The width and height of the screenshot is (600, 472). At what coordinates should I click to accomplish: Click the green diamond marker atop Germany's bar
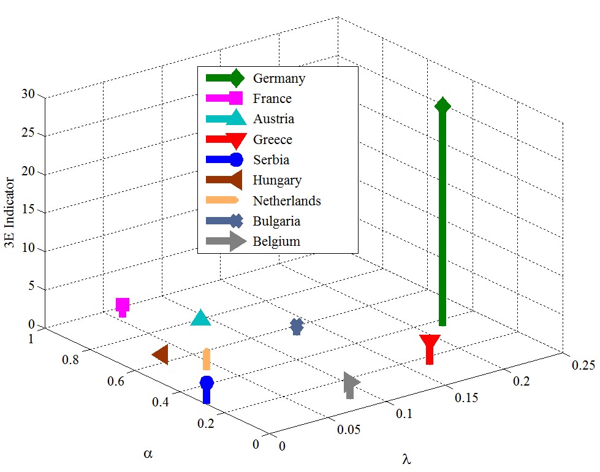click(x=442, y=105)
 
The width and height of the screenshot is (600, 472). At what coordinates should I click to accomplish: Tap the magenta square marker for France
click(x=123, y=305)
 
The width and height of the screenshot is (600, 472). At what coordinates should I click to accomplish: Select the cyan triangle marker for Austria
click(x=201, y=318)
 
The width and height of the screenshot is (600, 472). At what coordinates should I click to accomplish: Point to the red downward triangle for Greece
click(x=430, y=343)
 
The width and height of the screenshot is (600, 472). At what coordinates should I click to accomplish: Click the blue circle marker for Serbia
click(x=207, y=383)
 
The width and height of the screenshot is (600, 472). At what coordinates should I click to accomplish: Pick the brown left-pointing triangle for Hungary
click(x=161, y=355)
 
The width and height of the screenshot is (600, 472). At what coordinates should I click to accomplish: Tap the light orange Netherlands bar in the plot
click(x=207, y=359)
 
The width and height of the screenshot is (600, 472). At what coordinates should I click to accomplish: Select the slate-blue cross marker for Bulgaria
click(x=297, y=327)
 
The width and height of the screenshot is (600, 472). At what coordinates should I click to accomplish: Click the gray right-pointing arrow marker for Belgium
click(x=351, y=383)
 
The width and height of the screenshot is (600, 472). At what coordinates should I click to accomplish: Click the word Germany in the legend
click(x=279, y=78)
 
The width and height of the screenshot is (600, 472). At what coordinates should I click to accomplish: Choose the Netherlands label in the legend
click(x=287, y=200)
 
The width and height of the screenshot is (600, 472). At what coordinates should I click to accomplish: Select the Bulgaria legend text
click(x=277, y=221)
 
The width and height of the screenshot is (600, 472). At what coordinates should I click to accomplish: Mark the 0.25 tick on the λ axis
click(x=583, y=366)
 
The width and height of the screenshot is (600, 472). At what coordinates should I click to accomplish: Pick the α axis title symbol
click(x=147, y=454)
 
